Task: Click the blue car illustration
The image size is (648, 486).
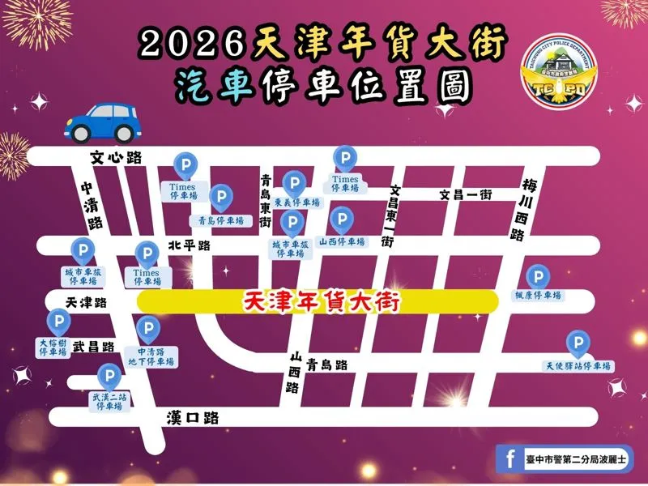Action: (x=101, y=122)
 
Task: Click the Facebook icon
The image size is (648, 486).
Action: (x=510, y=459)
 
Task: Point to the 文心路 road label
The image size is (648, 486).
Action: (x=116, y=158)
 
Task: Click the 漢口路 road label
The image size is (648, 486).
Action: (x=193, y=418)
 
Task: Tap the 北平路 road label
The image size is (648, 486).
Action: (x=189, y=245)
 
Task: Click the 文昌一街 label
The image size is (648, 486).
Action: (x=466, y=194)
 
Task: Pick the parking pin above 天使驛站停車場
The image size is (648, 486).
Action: (x=578, y=344)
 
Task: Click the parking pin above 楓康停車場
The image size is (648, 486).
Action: (x=538, y=276)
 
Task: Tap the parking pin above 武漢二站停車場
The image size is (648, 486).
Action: (x=109, y=376)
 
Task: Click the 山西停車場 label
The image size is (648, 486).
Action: (x=342, y=241)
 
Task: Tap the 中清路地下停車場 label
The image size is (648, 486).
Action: (x=151, y=356)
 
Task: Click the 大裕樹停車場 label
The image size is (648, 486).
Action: (x=53, y=347)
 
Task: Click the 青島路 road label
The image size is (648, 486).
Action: (x=328, y=365)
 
